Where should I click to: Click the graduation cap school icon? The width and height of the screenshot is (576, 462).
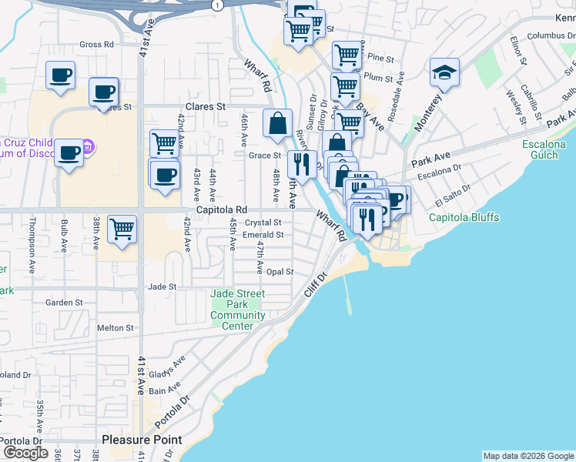[444, 72]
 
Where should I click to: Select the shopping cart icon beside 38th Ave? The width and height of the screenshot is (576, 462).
[122, 229]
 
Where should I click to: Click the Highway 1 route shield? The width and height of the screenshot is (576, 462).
[219, 5]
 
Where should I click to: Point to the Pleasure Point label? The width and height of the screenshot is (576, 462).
[142, 440]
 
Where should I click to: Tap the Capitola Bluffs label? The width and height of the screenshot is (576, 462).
[464, 217]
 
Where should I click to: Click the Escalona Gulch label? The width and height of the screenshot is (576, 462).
[549, 149]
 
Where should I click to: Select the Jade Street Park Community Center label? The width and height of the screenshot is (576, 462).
[238, 310]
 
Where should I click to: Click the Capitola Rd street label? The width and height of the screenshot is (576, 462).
[221, 209]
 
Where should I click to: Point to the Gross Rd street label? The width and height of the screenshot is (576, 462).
[96, 45]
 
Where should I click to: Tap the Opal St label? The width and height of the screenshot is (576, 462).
[280, 272]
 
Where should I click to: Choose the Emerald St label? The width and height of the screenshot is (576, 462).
[264, 235]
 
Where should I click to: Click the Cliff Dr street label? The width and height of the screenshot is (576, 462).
[316, 284]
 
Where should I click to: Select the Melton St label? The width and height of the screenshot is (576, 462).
[116, 328]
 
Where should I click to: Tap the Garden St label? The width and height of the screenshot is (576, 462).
[64, 303]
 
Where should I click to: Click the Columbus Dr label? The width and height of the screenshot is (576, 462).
[547, 35]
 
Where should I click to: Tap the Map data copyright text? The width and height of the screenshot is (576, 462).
[528, 456]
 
